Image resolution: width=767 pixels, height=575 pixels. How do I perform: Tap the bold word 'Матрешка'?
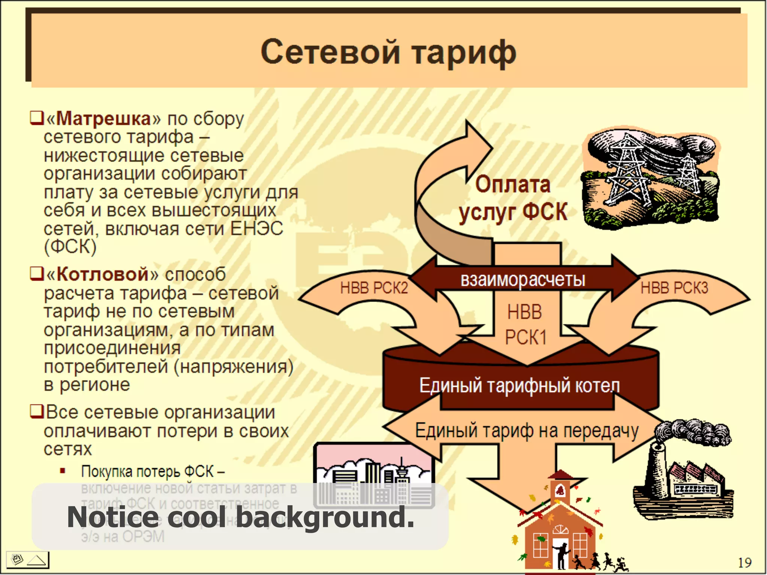tap(103, 118)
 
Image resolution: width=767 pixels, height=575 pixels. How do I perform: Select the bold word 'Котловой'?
tap(103, 274)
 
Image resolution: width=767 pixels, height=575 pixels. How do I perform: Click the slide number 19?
tap(744, 563)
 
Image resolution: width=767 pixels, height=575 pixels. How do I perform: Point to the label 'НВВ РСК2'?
tap(374, 288)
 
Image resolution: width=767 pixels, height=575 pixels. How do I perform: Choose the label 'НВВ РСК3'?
tap(674, 288)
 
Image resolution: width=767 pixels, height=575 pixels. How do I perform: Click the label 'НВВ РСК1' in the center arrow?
tap(525, 324)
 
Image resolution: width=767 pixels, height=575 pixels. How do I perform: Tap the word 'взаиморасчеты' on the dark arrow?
tap(523, 280)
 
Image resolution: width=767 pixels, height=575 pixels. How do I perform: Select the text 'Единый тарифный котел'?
tap(519, 386)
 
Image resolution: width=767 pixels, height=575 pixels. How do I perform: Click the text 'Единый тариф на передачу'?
tap(527, 431)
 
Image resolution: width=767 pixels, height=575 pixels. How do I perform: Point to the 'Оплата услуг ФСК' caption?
tap(513, 198)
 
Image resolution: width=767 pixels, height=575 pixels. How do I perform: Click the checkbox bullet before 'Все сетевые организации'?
tap(37, 411)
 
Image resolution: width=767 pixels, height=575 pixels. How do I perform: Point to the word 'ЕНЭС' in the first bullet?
tap(257, 228)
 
